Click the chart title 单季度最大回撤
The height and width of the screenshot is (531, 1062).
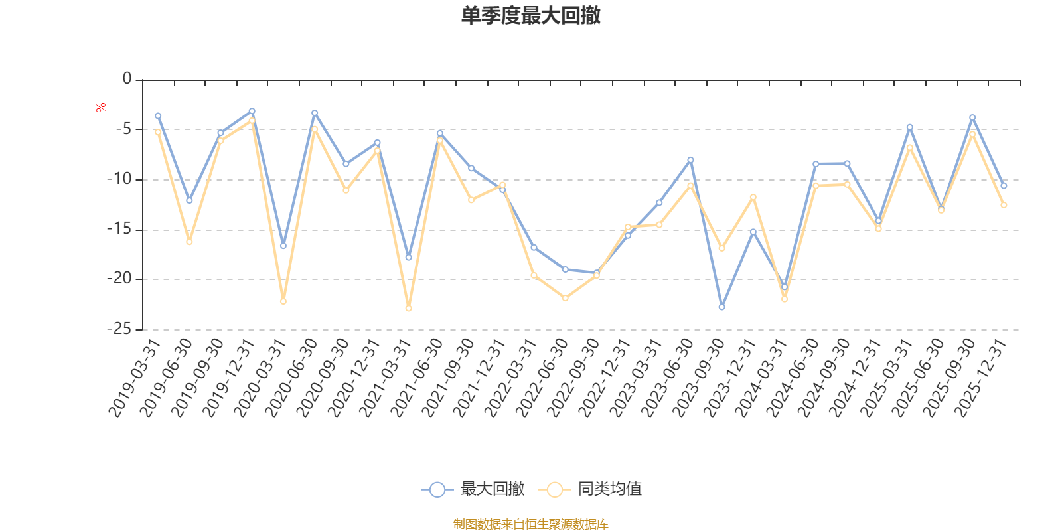click(x=531, y=16)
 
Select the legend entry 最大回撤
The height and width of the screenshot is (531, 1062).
click(x=492, y=489)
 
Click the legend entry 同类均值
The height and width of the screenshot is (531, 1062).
click(x=609, y=489)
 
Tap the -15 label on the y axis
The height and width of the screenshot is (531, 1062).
click(x=119, y=229)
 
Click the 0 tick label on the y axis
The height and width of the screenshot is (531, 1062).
click(x=127, y=79)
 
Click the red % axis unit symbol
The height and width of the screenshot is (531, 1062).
click(x=101, y=108)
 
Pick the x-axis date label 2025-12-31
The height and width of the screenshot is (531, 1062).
click(x=980, y=378)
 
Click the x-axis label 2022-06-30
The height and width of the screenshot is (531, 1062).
click(x=542, y=378)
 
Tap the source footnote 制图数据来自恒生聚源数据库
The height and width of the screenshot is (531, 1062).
click(x=531, y=524)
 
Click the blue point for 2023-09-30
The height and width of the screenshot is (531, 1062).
click(x=721, y=307)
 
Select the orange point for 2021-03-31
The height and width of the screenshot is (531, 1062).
click(x=408, y=309)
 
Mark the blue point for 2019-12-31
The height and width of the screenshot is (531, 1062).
click(x=252, y=111)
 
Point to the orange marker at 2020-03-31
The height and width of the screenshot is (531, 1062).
click(x=283, y=301)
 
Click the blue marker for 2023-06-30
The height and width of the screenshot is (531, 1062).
click(x=690, y=160)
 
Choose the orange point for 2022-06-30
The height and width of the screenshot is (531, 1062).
click(x=565, y=299)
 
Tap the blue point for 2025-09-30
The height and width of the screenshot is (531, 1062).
click(x=972, y=117)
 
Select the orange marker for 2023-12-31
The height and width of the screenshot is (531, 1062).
click(x=753, y=197)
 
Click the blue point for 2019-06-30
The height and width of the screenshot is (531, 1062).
click(x=189, y=200)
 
